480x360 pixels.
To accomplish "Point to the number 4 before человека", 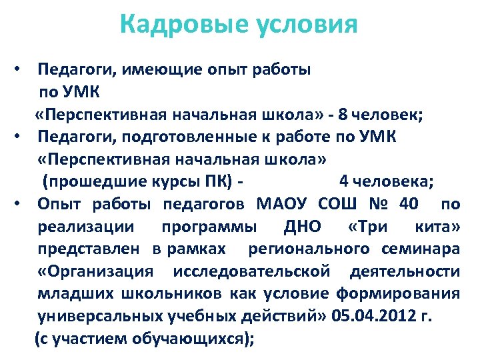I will coord(344,181).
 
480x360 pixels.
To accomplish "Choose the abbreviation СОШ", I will coord(339,203).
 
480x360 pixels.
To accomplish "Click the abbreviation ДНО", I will coord(302,226).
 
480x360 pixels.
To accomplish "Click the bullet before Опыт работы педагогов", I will coord(22,203).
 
